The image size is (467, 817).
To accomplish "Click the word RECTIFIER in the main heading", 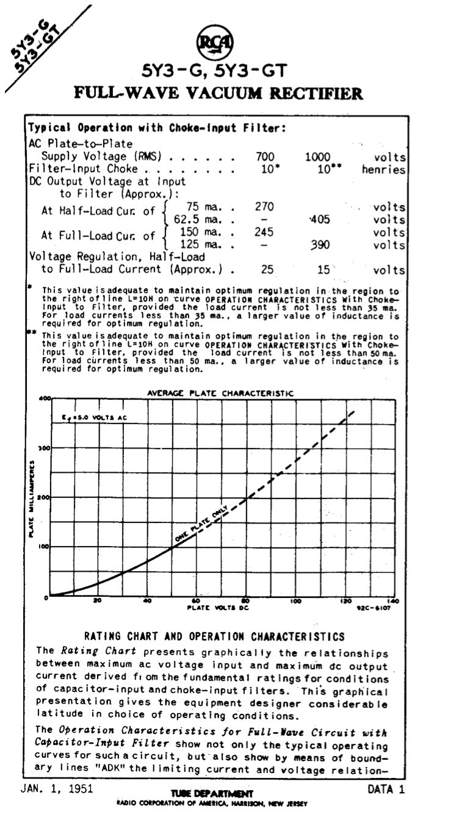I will point(314,93).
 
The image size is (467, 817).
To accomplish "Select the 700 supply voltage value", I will point(264,157).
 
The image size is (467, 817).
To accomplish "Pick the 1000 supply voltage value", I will point(317,157).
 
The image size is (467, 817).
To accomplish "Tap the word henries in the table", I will point(383,170).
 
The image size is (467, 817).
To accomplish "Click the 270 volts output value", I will point(264,206).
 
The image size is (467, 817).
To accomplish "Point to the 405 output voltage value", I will point(319,219).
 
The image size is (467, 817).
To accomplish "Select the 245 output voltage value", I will point(264,232).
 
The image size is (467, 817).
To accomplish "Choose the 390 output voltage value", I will point(319,245).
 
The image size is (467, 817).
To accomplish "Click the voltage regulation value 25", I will point(265,269).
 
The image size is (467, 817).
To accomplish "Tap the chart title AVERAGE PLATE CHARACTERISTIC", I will point(220,394).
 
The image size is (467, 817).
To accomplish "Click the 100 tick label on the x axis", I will point(295,601).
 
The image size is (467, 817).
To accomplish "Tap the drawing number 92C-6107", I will point(376,608).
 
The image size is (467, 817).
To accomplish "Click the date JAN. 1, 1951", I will point(57,788).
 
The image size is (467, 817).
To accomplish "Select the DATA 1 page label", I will point(386,788).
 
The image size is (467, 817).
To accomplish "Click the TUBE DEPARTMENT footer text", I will point(212,793).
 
